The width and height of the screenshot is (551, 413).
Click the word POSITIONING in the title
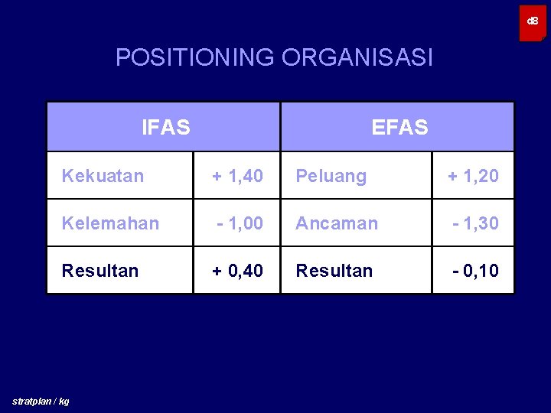point(196,57)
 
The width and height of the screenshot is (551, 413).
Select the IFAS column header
point(166,127)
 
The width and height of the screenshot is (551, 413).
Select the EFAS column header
point(399,127)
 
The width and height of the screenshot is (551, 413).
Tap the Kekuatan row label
point(103,176)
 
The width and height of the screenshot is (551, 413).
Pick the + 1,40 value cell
point(237,176)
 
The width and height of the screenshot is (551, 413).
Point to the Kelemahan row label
point(110,223)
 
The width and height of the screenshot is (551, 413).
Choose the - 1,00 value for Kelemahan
point(240,223)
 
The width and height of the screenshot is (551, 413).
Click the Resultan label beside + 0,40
point(100,271)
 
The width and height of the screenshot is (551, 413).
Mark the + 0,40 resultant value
point(237,271)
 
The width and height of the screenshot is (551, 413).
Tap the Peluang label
point(331,176)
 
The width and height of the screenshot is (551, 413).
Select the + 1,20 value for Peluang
point(473,176)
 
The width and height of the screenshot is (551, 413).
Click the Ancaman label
point(337,223)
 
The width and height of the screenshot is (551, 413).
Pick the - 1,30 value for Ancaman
point(475,223)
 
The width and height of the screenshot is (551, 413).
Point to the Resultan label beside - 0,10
point(334,271)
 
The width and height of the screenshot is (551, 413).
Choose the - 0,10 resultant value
point(475,271)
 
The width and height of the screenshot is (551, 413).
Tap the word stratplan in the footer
point(33,402)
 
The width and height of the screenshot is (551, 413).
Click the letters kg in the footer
point(64,402)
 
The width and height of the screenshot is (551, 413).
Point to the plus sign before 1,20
point(452,176)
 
